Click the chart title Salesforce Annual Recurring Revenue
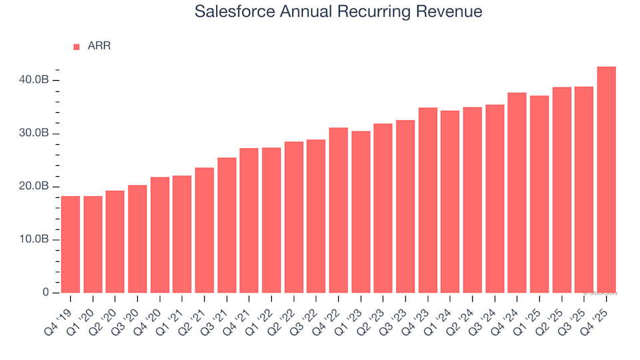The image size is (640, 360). click(x=338, y=11)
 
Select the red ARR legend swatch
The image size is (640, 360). click(x=76, y=47)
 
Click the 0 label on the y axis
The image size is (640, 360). click(x=46, y=293)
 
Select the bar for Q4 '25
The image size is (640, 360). click(x=606, y=180)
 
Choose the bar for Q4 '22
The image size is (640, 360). click(x=338, y=210)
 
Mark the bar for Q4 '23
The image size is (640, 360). click(x=427, y=200)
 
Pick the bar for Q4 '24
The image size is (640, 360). click(x=517, y=193)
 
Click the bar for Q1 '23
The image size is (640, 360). click(x=361, y=212)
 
